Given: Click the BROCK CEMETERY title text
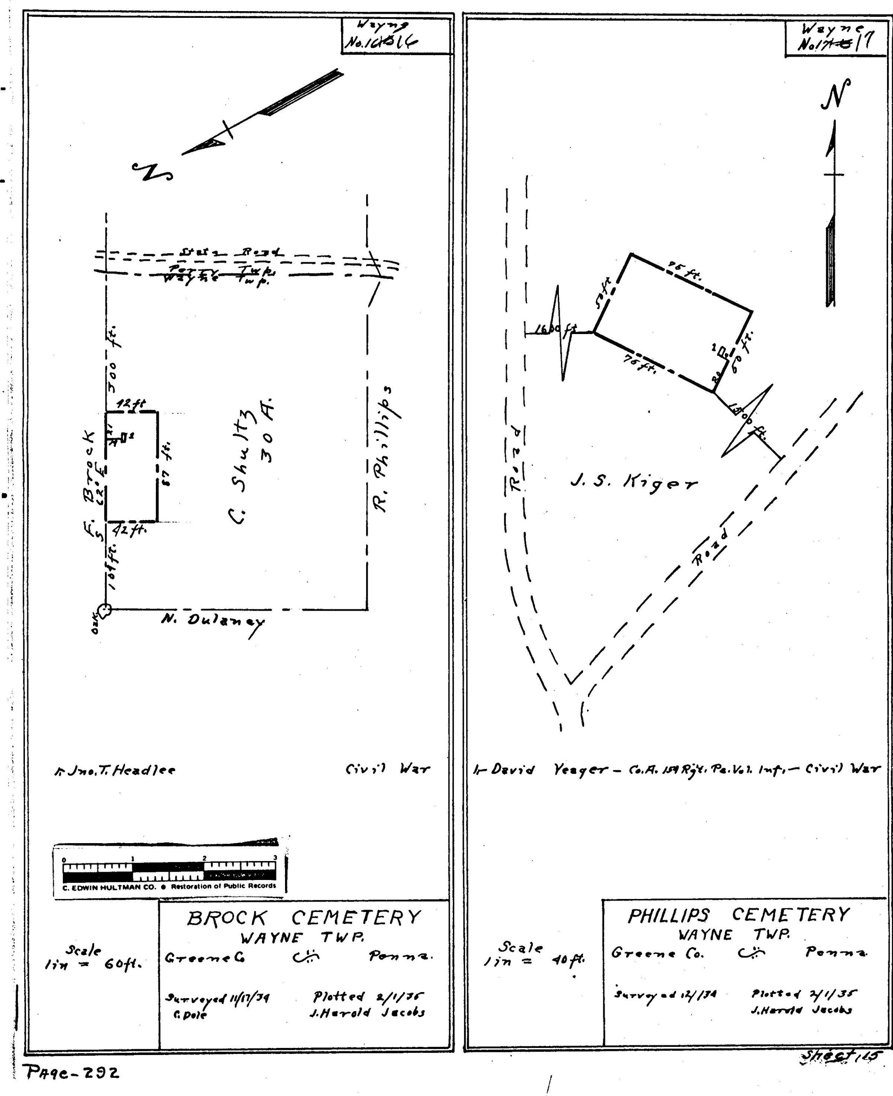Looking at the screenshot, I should click(x=304, y=917).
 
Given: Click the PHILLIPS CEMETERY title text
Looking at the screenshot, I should click(x=738, y=914).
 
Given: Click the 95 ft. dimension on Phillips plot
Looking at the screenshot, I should click(x=684, y=271).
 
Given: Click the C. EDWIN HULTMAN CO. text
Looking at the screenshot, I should click(x=109, y=886).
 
